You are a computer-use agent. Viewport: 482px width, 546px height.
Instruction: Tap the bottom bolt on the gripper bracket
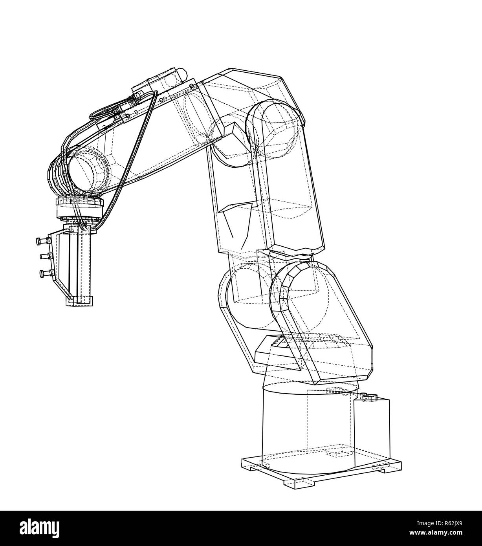(x=43, y=273)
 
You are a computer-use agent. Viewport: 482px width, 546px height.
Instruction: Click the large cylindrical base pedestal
(x=302, y=428)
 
